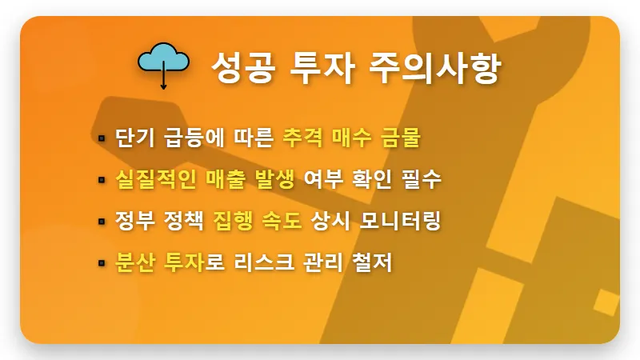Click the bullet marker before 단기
click(x=102, y=138)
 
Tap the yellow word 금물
click(x=399, y=138)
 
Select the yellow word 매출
click(x=212, y=179)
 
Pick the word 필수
click(x=421, y=179)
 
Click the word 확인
click(x=370, y=179)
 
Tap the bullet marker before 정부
click(x=102, y=221)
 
